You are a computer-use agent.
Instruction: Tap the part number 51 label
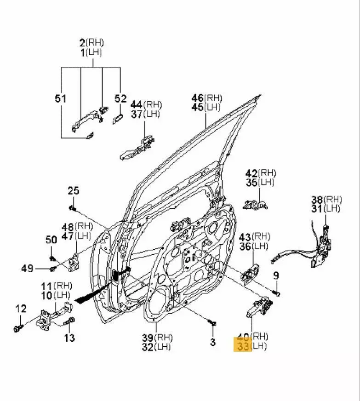60,98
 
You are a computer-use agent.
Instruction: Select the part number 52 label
120,98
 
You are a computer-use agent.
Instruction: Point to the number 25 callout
74,190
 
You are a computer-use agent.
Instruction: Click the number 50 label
51,240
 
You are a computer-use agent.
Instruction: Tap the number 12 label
22,309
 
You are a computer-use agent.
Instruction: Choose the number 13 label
69,338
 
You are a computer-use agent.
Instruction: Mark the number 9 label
276,275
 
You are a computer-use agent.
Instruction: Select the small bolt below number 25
73,208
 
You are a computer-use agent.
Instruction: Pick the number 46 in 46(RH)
198,98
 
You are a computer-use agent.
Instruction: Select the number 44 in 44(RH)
136,105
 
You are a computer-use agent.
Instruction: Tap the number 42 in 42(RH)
251,173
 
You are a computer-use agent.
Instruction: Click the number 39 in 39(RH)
149,337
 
